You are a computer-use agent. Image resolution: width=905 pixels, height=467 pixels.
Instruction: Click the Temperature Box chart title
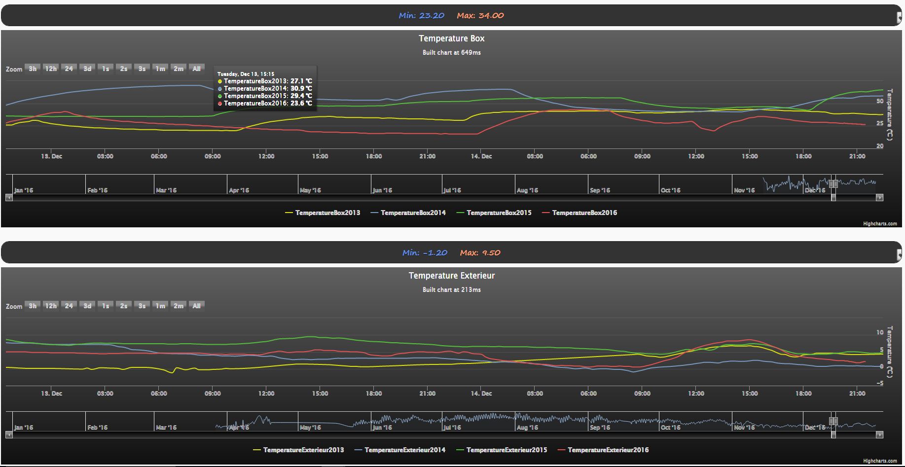(x=451, y=38)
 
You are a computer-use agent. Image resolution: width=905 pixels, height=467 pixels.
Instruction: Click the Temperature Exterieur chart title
(x=451, y=276)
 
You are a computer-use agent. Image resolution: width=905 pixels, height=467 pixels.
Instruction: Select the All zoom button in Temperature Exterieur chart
(x=196, y=306)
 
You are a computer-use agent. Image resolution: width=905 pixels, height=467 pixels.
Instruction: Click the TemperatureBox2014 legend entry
(x=413, y=213)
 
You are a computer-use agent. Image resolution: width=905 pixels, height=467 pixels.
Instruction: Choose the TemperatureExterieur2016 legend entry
(x=608, y=450)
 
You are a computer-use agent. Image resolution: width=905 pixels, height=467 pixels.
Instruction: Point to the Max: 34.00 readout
(x=480, y=15)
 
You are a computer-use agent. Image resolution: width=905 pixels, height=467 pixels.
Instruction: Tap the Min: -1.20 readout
(x=425, y=252)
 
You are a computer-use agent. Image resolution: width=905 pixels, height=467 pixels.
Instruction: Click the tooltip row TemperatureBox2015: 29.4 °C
(x=267, y=96)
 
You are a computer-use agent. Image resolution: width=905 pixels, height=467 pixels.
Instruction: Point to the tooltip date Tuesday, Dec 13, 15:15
(x=246, y=74)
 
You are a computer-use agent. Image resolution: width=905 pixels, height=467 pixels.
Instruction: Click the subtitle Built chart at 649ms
(x=451, y=52)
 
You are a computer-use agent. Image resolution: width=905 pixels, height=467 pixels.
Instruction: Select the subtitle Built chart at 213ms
(x=451, y=289)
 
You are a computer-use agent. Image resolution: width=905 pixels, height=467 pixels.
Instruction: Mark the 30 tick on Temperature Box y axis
(x=879, y=101)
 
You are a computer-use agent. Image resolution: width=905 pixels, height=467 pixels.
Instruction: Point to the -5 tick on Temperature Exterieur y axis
(x=880, y=383)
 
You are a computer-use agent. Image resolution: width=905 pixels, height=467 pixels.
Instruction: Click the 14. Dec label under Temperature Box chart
(x=481, y=156)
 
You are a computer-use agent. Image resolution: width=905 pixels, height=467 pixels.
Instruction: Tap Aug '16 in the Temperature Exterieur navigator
(x=527, y=427)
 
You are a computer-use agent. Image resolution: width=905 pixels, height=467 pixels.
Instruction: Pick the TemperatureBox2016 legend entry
(x=584, y=213)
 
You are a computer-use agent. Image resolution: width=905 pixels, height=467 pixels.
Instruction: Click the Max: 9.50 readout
(x=480, y=252)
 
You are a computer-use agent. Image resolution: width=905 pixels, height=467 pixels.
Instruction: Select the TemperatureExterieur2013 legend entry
(x=303, y=450)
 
